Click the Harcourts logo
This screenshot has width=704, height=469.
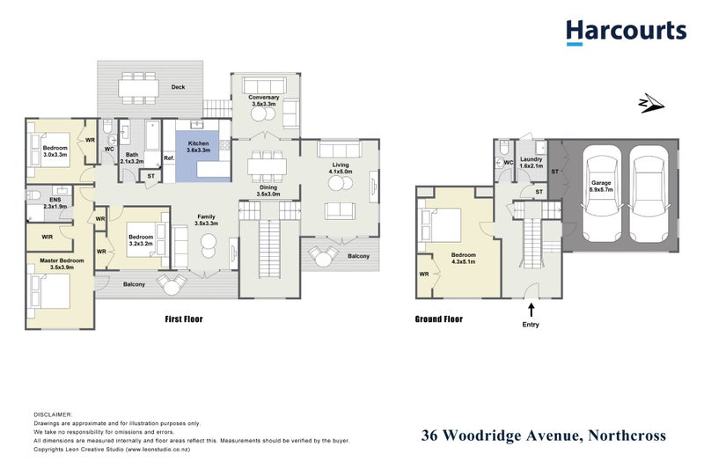[626, 33]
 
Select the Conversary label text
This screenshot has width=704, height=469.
[264, 100]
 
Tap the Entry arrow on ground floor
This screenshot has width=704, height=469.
[531, 309]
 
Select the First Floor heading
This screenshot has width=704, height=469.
[184, 319]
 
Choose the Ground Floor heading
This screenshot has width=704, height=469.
[438, 319]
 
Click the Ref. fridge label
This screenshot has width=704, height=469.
[168, 159]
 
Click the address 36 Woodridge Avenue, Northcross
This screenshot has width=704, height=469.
[544, 436]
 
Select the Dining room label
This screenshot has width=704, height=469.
[268, 189]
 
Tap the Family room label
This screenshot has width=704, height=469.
[206, 220]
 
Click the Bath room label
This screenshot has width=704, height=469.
[130, 158]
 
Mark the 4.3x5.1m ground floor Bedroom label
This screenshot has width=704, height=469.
[463, 257]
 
